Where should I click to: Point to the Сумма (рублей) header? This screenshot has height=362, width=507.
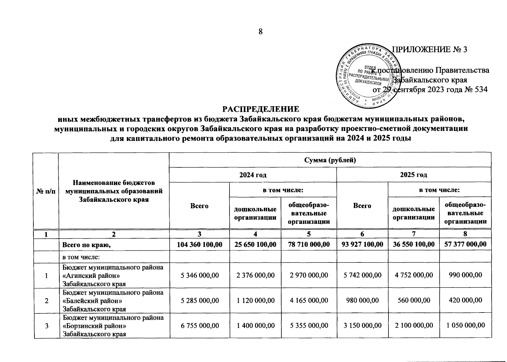click(x=330, y=160)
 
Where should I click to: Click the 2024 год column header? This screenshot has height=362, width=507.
click(x=253, y=175)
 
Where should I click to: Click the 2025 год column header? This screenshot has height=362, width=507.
click(x=414, y=175)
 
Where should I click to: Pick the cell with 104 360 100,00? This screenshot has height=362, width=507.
click(x=199, y=244)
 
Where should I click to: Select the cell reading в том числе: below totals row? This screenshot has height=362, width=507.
click(x=81, y=257)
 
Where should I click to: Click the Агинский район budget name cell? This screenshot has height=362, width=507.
click(x=113, y=275)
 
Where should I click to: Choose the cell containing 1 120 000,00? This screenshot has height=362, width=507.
click(x=255, y=300)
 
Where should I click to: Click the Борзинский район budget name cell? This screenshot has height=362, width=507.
click(x=113, y=326)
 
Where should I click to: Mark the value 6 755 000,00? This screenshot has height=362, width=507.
click(x=199, y=325)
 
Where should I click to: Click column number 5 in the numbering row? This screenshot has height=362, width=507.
click(x=309, y=234)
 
